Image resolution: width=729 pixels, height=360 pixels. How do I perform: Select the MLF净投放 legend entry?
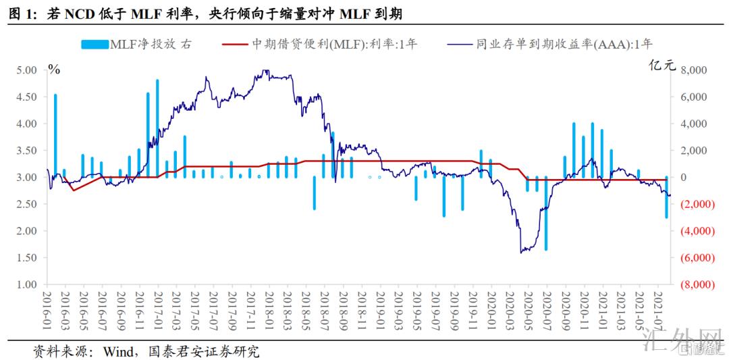(x=136, y=45)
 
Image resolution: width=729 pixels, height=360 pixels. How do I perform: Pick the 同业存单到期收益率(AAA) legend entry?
(x=550, y=45)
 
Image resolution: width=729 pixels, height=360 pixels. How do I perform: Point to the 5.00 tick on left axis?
(x=26, y=70)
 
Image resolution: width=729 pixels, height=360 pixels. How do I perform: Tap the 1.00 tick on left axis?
(x=26, y=284)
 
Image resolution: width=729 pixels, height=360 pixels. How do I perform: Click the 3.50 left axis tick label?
(x=26, y=151)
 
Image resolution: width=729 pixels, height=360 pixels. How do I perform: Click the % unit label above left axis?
(x=53, y=69)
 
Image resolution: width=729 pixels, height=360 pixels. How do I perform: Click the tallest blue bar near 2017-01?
(x=157, y=128)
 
